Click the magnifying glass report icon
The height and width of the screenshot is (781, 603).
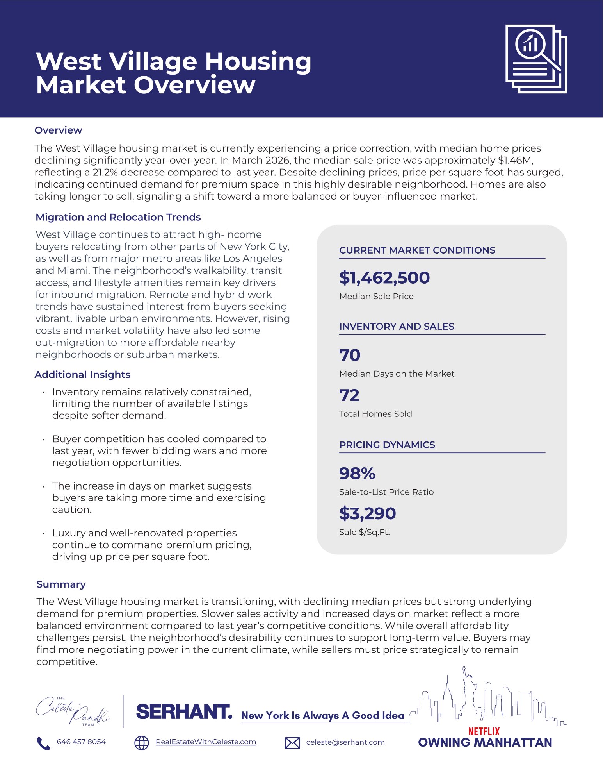pyautogui.click(x=536, y=59)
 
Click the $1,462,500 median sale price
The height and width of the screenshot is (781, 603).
pyautogui.click(x=384, y=278)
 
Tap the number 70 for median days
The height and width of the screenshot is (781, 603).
pyautogui.click(x=350, y=355)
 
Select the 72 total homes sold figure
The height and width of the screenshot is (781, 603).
pyautogui.click(x=349, y=395)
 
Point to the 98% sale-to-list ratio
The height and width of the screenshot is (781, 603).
pyautogui.click(x=357, y=474)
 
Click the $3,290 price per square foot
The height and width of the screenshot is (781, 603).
pyautogui.click(x=367, y=513)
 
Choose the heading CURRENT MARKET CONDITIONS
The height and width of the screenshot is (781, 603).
pyautogui.click(x=417, y=250)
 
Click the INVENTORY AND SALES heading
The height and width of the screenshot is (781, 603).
pyautogui.click(x=397, y=327)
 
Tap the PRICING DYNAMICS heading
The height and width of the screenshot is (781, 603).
pyautogui.click(x=387, y=445)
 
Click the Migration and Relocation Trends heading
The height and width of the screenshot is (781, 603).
pyautogui.click(x=118, y=217)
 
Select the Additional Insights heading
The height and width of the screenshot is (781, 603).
pyautogui.click(x=82, y=375)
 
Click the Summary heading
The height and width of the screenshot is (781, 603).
pyautogui.click(x=61, y=584)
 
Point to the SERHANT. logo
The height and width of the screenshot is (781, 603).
pyautogui.click(x=184, y=712)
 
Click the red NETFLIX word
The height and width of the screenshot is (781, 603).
pyautogui.click(x=484, y=731)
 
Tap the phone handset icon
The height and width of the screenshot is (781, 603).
pyautogui.click(x=43, y=743)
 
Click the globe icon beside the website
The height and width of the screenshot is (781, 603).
pyautogui.click(x=141, y=743)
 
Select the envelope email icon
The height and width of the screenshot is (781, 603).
pyautogui.click(x=292, y=743)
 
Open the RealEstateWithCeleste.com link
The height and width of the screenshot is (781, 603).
pyautogui.click(x=206, y=742)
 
